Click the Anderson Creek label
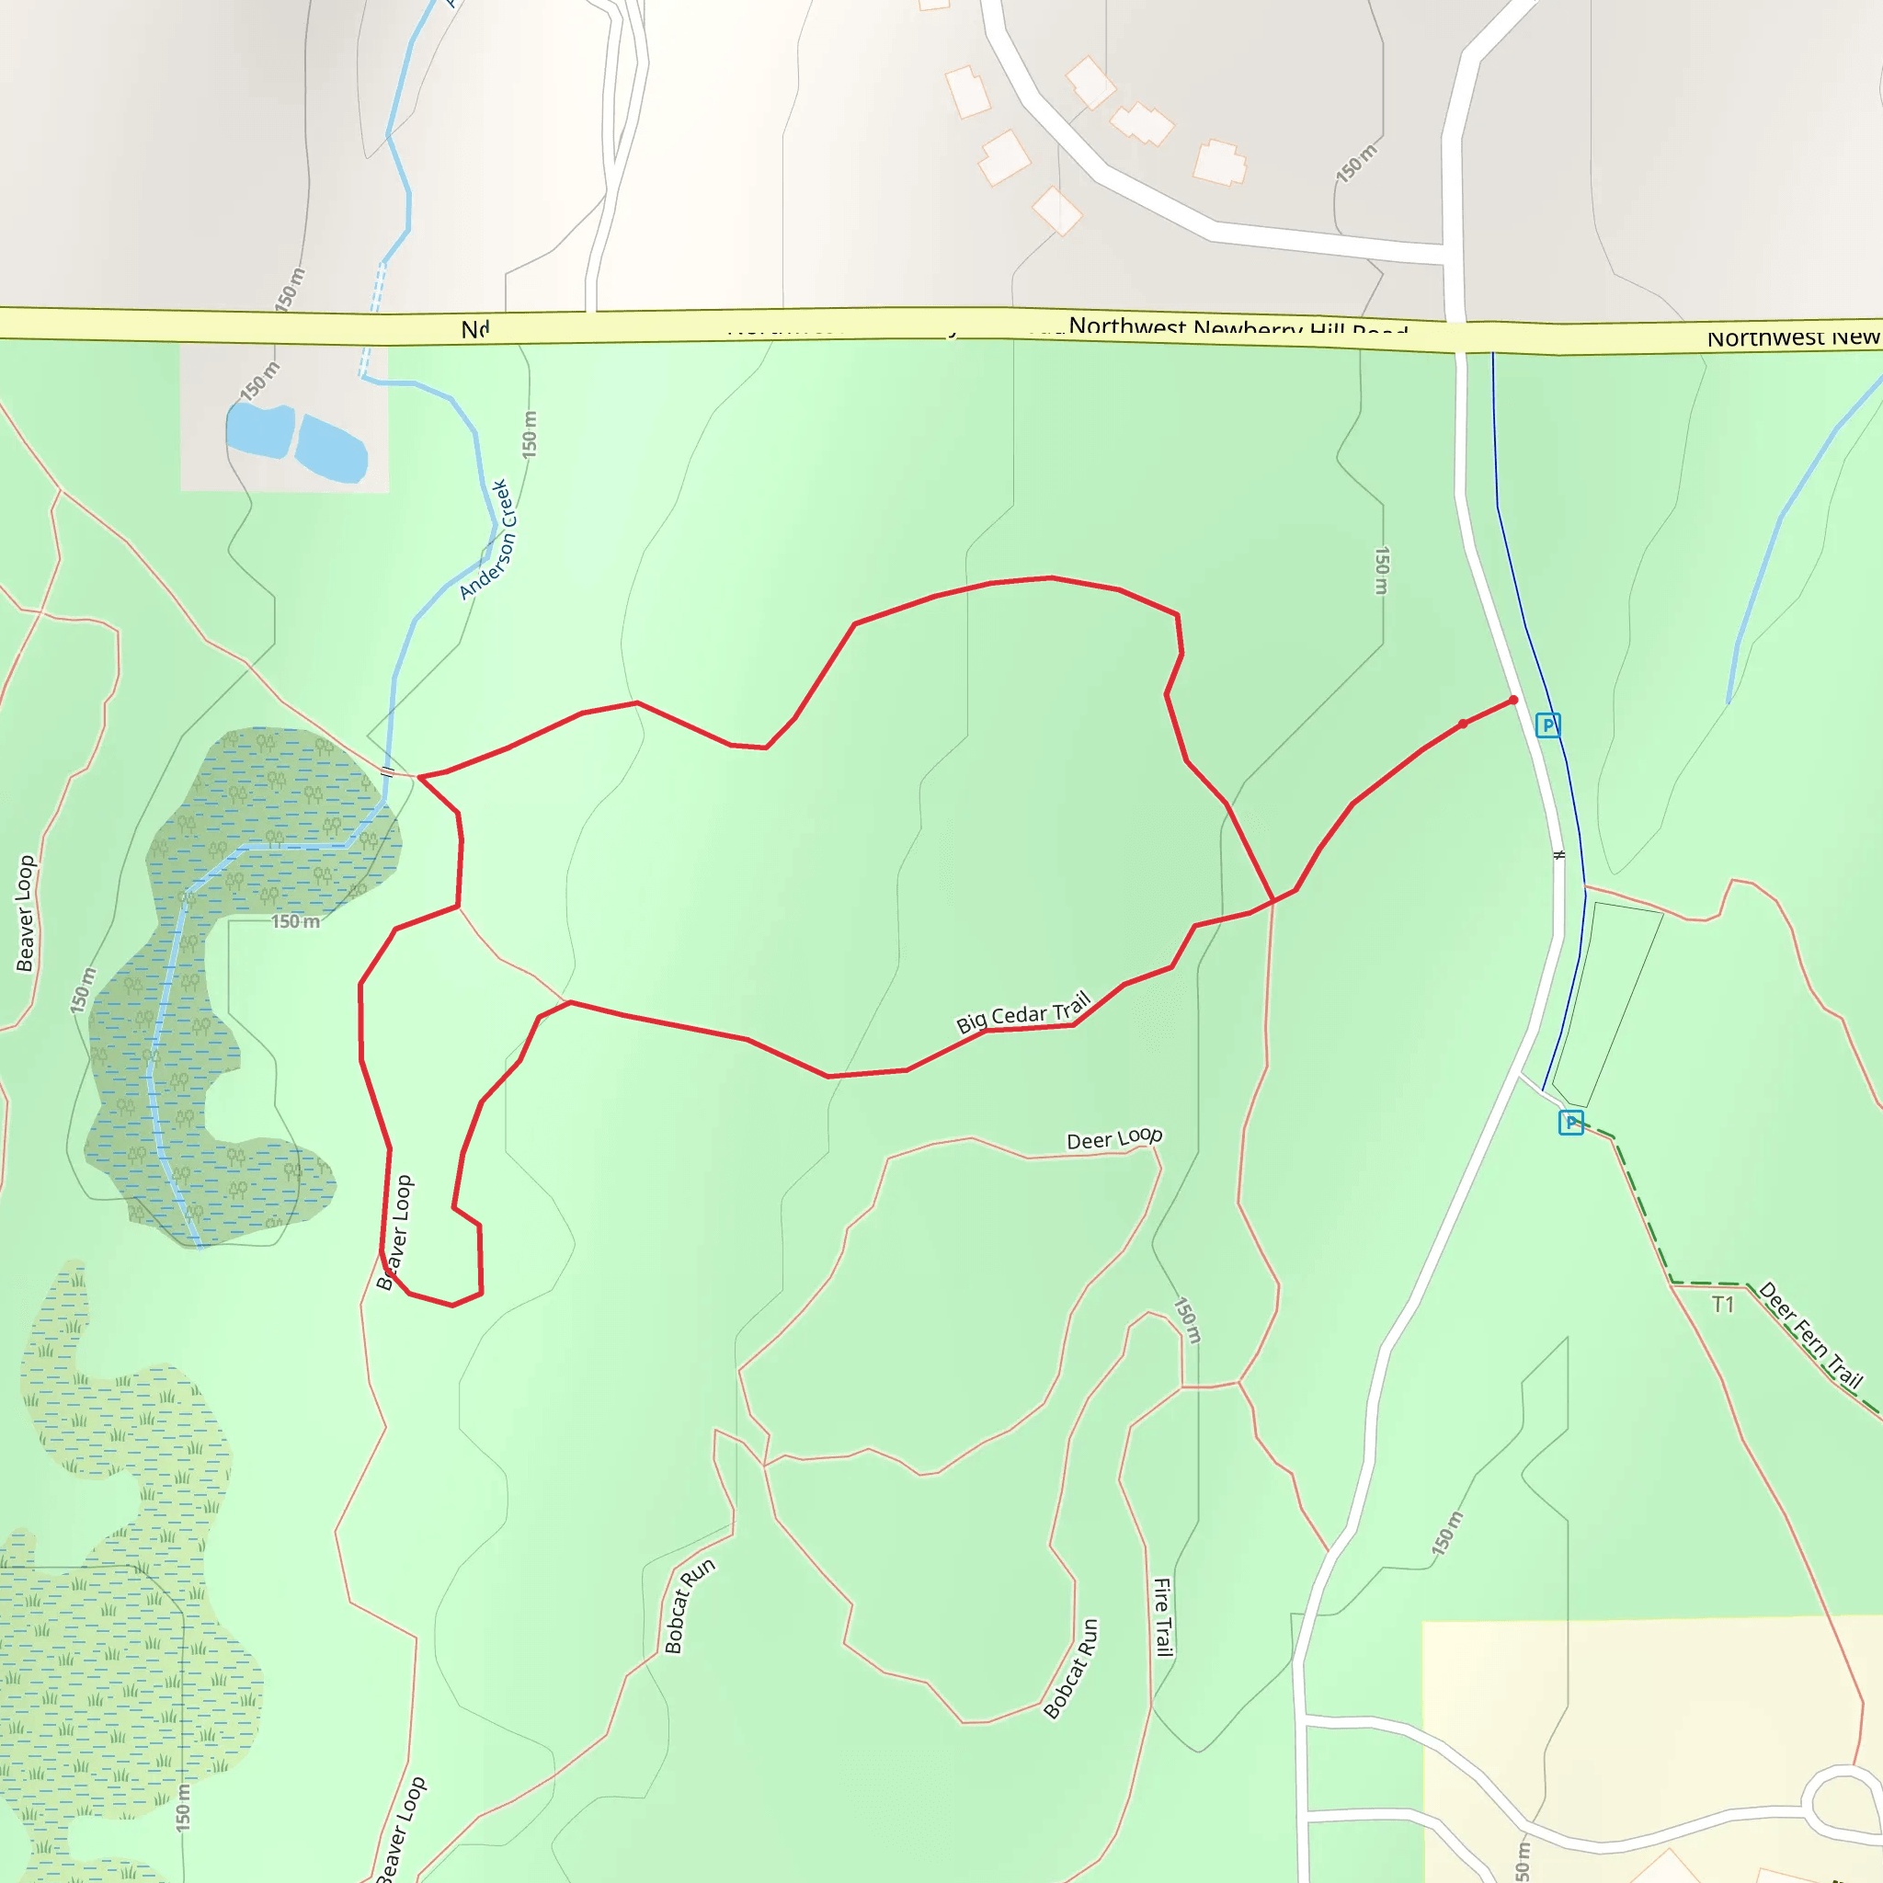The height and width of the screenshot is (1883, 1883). pos(487,539)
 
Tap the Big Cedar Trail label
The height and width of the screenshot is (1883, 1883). pos(1022,1011)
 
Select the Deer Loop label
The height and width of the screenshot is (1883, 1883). pos(1114,1138)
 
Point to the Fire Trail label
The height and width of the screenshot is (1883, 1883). pos(1163,1617)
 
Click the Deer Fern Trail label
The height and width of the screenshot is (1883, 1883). pos(1811,1334)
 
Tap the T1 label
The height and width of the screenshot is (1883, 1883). pos(1723,1304)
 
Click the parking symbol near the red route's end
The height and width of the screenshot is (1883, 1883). pos(1547,725)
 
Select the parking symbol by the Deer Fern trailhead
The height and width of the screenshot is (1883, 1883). pos(1570,1123)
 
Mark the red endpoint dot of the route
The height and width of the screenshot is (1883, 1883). pos(1513,700)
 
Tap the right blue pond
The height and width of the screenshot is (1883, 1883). pos(331,450)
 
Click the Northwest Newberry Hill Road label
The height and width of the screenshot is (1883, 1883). pos(1238,327)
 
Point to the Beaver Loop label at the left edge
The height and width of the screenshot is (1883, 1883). pos(26,913)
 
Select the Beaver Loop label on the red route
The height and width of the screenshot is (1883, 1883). pos(395,1232)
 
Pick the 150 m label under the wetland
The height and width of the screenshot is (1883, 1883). pos(294,921)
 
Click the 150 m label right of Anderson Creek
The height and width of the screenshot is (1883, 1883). pos(530,435)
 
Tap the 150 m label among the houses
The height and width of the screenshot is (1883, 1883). pos(1357,163)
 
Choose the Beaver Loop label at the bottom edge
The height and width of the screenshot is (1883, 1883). pos(401,1831)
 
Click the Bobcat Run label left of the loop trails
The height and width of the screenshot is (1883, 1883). pos(689,1604)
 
